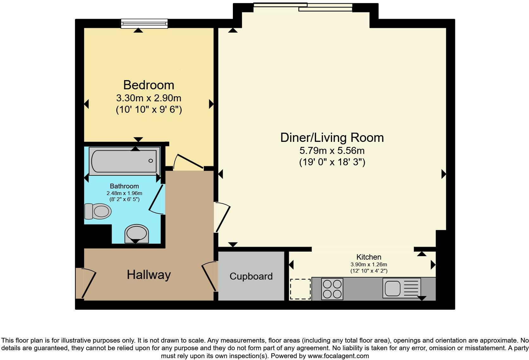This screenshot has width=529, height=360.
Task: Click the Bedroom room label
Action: click(x=149, y=85)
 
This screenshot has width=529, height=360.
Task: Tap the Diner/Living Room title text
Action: click(x=332, y=138)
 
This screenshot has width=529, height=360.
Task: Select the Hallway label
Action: click(x=149, y=275)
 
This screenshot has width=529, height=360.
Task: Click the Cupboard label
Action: click(x=251, y=276)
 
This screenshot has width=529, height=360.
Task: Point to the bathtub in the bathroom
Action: click(x=124, y=161)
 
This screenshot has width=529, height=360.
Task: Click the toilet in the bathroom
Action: click(x=98, y=211)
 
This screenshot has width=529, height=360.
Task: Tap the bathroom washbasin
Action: click(x=137, y=234)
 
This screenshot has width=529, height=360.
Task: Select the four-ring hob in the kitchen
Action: click(x=332, y=288)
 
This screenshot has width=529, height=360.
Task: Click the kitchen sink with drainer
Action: click(x=401, y=288)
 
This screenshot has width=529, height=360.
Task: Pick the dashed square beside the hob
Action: click(x=300, y=289)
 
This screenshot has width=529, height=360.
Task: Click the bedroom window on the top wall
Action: click(x=144, y=23)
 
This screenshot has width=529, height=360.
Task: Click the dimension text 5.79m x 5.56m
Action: click(x=332, y=151)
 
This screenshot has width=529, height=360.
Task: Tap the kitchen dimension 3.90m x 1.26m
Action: click(x=369, y=264)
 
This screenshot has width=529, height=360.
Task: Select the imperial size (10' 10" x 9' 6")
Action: click(x=149, y=110)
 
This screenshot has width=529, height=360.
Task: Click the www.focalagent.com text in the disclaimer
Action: click(x=338, y=356)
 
